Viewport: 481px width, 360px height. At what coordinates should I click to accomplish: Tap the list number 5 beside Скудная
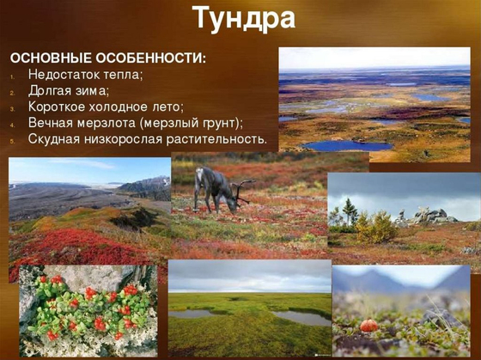13,139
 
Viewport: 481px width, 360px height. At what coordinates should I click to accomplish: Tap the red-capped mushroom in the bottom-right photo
370,326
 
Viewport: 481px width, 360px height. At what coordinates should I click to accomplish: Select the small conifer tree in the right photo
348,210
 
